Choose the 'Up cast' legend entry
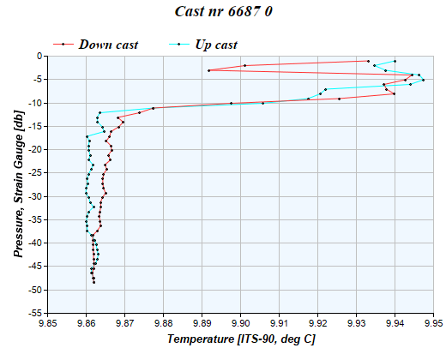(205, 44)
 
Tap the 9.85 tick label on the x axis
(47, 323)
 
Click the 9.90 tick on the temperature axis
(241, 323)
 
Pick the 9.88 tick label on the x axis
(164, 323)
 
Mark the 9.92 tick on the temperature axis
(317, 323)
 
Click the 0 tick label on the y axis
(39, 56)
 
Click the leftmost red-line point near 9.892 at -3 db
(209, 70)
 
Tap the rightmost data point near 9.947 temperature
(423, 80)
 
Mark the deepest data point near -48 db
(94, 281)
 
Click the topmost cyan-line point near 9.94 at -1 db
(395, 61)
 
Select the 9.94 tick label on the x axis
(395, 323)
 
